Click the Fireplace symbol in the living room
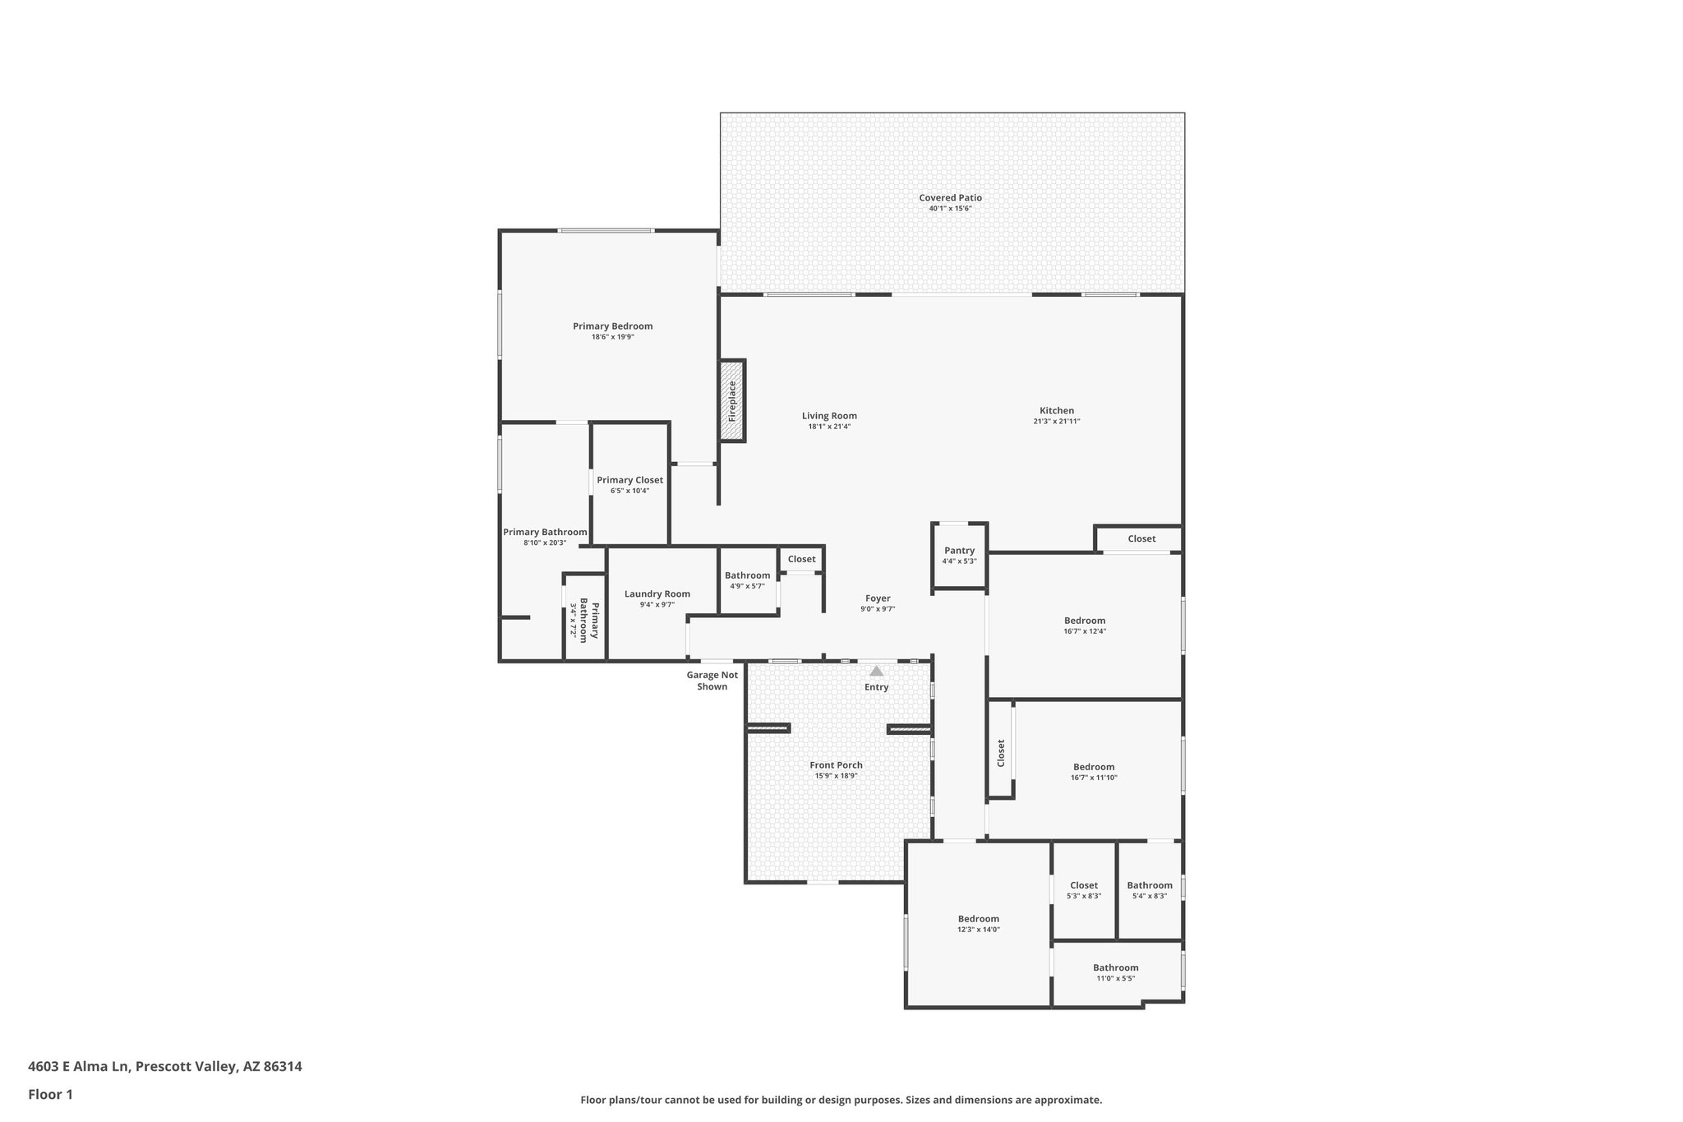[732, 401]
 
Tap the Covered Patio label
[950, 198]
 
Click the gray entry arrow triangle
[877, 671]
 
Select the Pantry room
[959, 556]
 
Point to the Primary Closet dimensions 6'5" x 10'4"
[629, 491]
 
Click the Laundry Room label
[657, 593]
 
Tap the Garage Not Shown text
[712, 681]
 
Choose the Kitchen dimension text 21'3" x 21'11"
[1056, 422]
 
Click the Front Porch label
[836, 765]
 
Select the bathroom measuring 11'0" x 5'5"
[1115, 972]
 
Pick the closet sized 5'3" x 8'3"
[1084, 890]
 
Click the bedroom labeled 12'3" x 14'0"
[978, 924]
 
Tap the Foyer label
[878, 598]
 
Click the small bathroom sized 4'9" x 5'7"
[747, 580]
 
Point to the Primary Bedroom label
[612, 326]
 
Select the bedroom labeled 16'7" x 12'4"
[1084, 626]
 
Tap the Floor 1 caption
[50, 1094]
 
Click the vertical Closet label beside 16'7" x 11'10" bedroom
[1001, 753]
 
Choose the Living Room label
[829, 416]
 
